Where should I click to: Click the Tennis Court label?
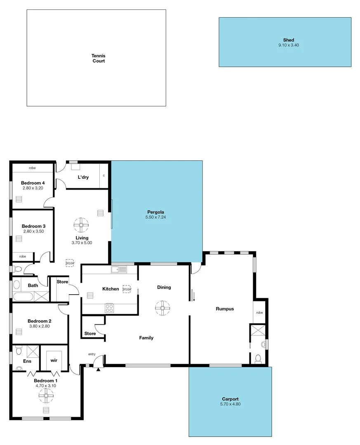click(98, 58)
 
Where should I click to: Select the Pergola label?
click(156, 211)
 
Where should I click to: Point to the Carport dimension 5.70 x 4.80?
click(230, 404)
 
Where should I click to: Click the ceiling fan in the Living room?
click(81, 225)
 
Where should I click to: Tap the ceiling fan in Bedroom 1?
click(46, 396)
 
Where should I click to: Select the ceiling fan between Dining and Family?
click(162, 308)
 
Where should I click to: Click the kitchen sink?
click(118, 269)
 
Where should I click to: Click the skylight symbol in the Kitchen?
click(127, 289)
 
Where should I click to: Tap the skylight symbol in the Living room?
click(70, 262)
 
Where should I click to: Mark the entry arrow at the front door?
click(98, 370)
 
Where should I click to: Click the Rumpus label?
click(225, 309)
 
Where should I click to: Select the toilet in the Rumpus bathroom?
click(258, 359)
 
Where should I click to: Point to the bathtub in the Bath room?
click(23, 296)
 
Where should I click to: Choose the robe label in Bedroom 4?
click(32, 168)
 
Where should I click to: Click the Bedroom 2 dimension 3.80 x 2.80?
click(39, 326)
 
